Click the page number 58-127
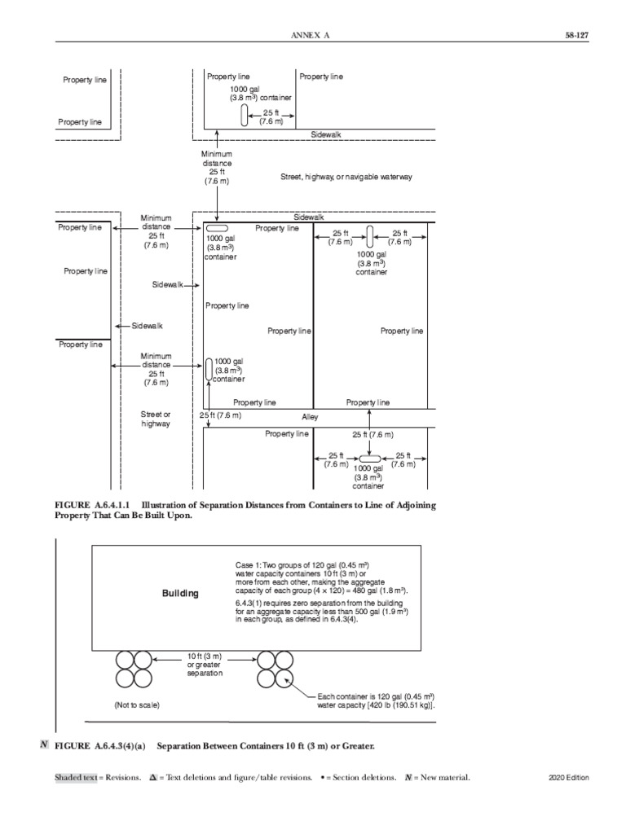pos(575,36)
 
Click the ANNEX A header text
pos(313,36)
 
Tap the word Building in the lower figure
pos(180,593)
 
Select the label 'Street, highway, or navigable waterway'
pos(346,177)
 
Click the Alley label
pos(310,417)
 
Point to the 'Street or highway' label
pos(156,419)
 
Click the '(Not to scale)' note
pos(137,705)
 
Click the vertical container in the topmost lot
pos(244,116)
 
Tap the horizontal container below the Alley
pos(369,460)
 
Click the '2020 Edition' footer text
pos(569,778)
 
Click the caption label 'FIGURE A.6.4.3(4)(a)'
pos(99,746)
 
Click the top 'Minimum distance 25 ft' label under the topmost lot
pos(216,167)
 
